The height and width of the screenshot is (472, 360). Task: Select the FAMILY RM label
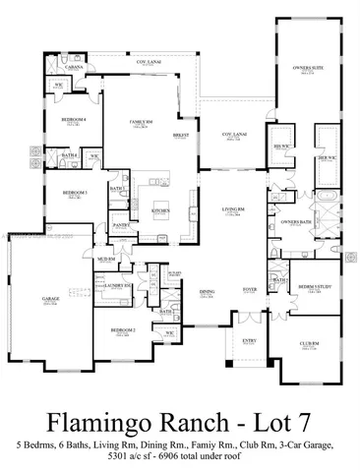click(144, 122)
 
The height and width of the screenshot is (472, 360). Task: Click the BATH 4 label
click(71, 154)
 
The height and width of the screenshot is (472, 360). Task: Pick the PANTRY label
click(122, 225)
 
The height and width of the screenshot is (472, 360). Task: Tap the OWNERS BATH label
click(295, 222)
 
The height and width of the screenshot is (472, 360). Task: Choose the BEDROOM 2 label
click(123, 329)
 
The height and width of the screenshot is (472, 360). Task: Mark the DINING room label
click(208, 291)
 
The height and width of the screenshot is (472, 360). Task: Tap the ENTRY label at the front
click(249, 343)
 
